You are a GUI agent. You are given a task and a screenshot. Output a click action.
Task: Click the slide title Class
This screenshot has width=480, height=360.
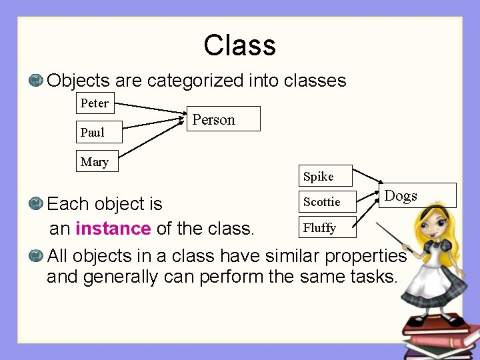(x=239, y=45)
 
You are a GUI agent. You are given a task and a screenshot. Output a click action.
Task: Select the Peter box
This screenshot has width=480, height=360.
(x=94, y=103)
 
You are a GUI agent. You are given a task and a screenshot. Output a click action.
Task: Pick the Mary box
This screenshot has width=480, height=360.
(x=94, y=162)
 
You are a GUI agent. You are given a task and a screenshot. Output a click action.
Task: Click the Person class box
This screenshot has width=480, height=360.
(x=223, y=119)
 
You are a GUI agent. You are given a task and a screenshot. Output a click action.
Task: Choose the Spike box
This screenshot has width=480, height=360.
(x=325, y=176)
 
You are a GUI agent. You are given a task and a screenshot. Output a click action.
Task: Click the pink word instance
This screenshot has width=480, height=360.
(x=113, y=229)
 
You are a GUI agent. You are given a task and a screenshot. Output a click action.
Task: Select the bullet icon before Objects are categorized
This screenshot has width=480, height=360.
(x=37, y=81)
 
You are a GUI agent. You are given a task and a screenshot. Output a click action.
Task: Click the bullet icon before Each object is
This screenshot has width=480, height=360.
(x=37, y=203)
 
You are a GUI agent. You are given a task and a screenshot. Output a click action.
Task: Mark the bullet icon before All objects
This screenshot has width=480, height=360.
(x=37, y=255)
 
